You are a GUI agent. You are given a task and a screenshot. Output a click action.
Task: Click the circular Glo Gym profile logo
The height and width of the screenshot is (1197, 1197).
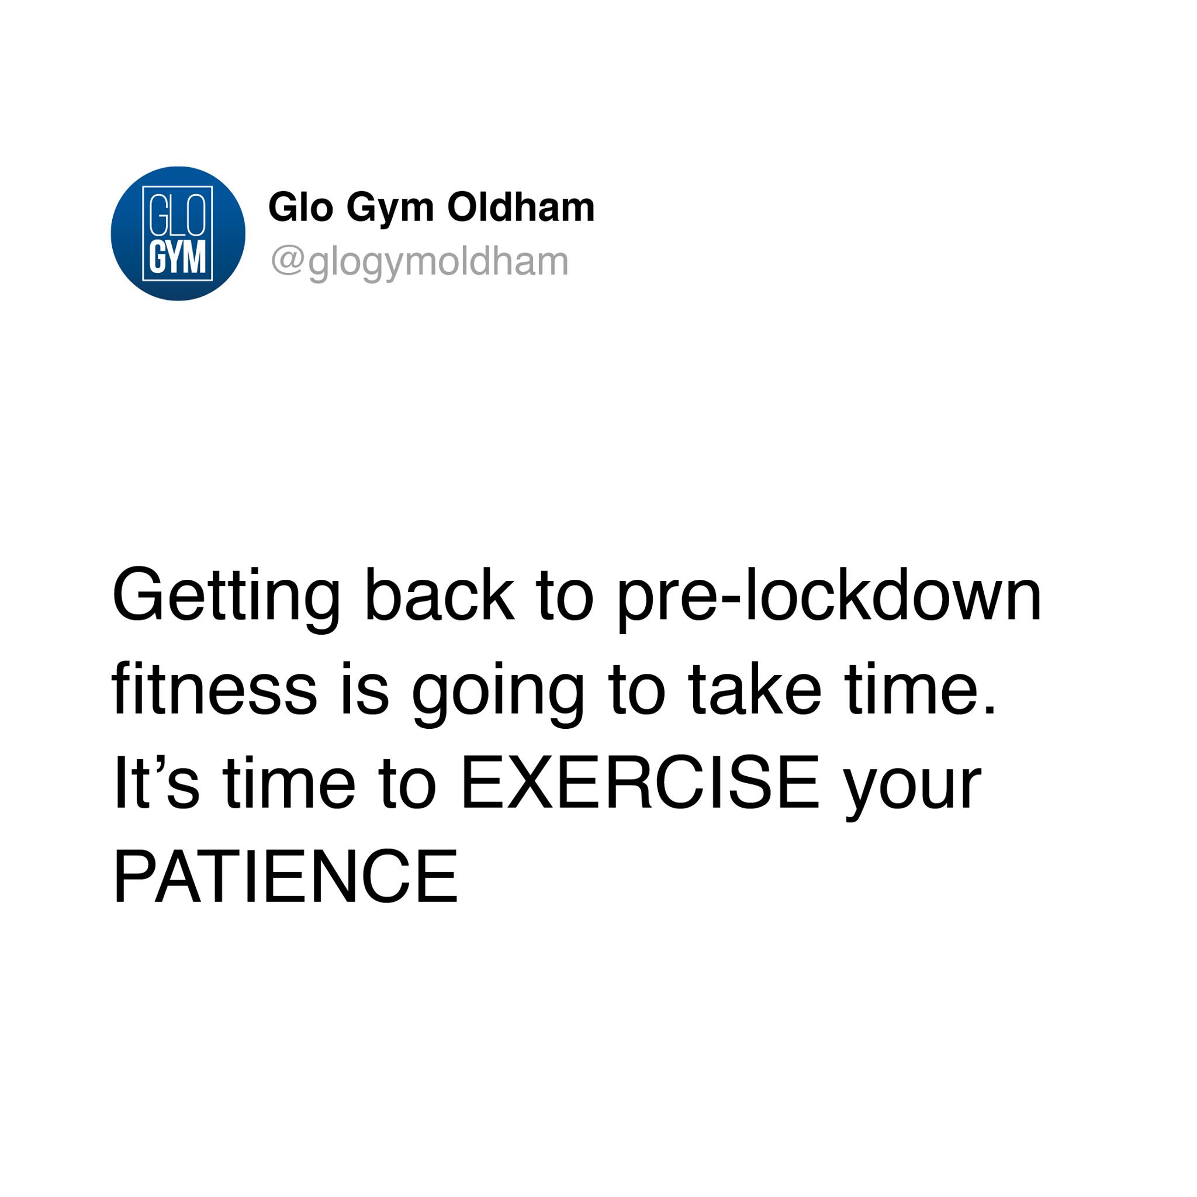pyautogui.click(x=178, y=234)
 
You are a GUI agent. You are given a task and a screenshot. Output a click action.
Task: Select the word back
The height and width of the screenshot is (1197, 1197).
pyautogui.click(x=440, y=594)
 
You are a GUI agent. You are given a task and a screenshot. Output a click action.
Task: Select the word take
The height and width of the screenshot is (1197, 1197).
pyautogui.click(x=754, y=688)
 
